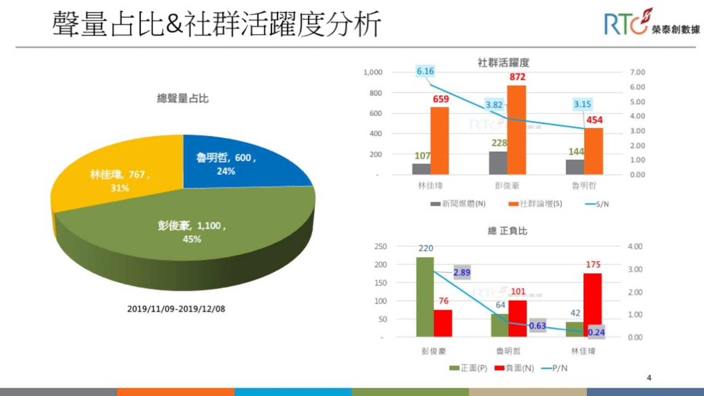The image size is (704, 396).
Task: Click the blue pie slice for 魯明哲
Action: pos(238,163)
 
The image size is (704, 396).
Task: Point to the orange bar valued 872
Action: pos(517,130)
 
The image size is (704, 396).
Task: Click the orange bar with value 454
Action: pos(594,151)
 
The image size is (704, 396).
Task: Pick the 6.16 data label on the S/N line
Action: pos(425,71)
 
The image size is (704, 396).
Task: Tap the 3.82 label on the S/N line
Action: pos(494,104)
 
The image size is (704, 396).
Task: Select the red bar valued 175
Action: pos(593,305)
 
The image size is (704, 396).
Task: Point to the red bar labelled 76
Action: pos(443,323)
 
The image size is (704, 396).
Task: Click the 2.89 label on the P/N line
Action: pos(462,273)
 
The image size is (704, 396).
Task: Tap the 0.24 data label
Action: pos(596,332)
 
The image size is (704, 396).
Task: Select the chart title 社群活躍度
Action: pos(503,62)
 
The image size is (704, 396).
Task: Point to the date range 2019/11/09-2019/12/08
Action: pos(176,309)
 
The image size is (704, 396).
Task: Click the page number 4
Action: pos(649,378)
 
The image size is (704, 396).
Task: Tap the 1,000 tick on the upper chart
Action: pos(373,72)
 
